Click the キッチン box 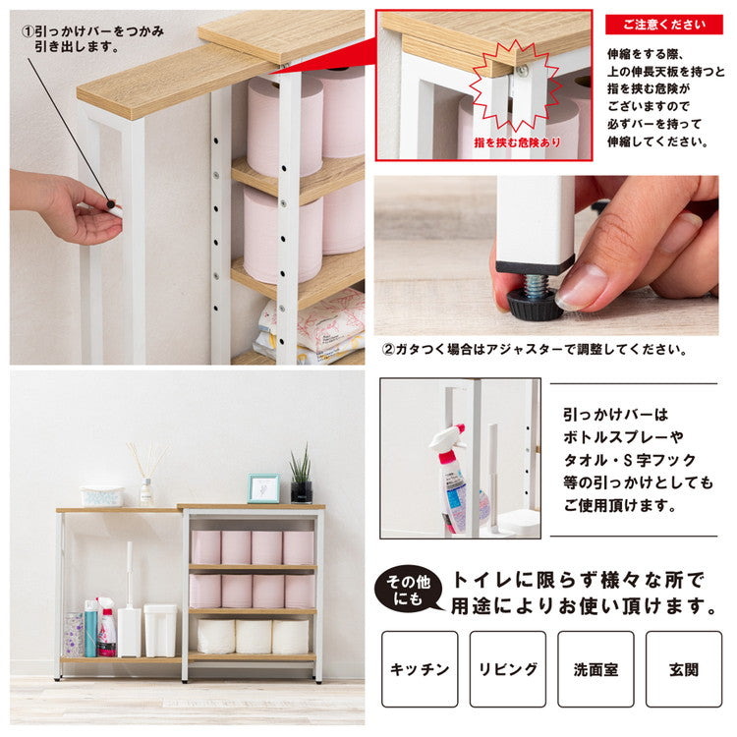click(420, 668)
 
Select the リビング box click(507, 668)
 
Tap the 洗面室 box click(595, 668)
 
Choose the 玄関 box click(683, 668)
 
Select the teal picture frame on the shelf click(262, 488)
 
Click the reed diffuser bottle click(146, 488)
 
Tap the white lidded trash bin click(160, 629)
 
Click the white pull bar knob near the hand click(115, 209)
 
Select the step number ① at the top click(29, 30)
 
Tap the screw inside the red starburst click(522, 71)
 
